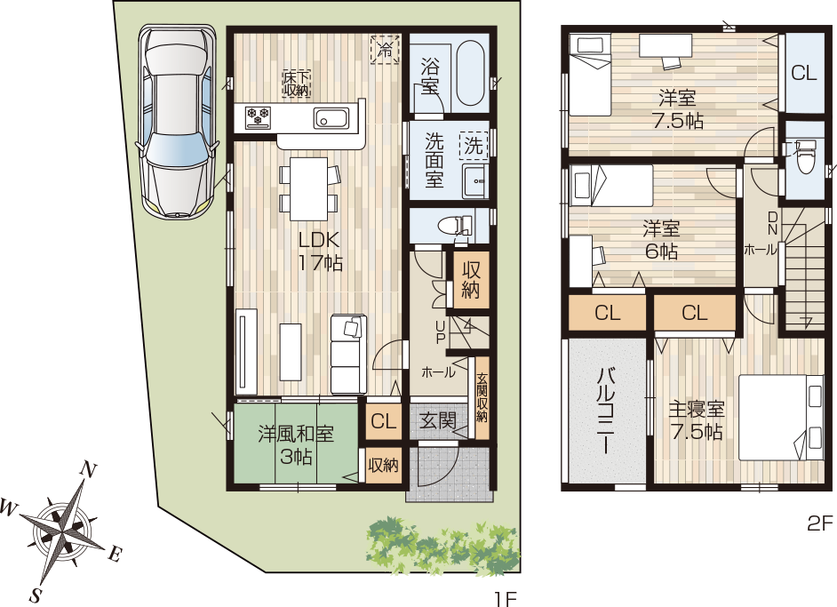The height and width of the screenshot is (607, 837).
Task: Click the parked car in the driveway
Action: (x=177, y=121)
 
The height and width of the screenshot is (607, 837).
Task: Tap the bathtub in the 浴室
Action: (x=470, y=73)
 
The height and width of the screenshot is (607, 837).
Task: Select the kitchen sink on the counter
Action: (x=331, y=117)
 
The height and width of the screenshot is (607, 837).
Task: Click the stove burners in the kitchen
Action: (x=258, y=117)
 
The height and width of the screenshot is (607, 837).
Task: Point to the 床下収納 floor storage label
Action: (x=296, y=84)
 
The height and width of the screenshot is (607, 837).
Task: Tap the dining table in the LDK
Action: (x=308, y=188)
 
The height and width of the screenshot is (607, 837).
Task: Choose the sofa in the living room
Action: (x=348, y=355)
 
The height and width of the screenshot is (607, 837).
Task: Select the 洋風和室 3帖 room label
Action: (x=296, y=444)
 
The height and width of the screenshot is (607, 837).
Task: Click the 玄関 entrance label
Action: (x=437, y=420)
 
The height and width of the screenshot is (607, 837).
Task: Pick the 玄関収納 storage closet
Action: (x=482, y=398)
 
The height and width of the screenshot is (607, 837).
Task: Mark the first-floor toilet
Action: (x=455, y=226)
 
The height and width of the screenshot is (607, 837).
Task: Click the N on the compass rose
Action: (x=88, y=470)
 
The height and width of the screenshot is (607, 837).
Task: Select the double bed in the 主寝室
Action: (x=782, y=418)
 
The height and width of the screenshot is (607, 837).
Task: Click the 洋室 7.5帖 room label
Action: (x=677, y=109)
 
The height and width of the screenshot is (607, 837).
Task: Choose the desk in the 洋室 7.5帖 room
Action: (x=666, y=44)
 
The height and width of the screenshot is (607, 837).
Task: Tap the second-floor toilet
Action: (x=803, y=157)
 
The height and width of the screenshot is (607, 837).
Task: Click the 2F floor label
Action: (x=819, y=523)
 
